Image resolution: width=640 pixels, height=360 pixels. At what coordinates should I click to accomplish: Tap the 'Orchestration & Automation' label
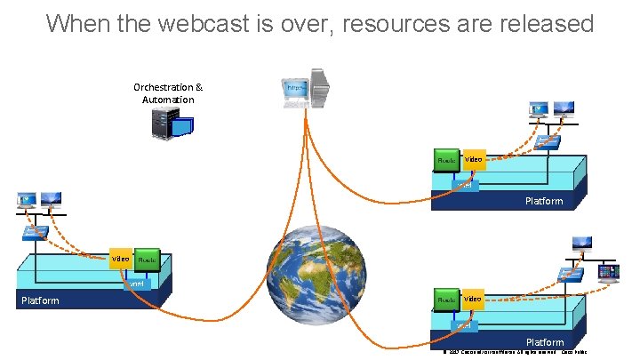click(x=168, y=93)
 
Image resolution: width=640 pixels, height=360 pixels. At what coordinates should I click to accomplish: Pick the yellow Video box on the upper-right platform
click(x=474, y=160)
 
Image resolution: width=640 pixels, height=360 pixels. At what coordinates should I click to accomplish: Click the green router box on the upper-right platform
click(x=447, y=160)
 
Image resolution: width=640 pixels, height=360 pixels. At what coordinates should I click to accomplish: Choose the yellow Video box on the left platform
click(x=121, y=260)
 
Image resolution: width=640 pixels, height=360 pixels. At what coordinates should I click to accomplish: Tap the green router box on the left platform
click(x=148, y=260)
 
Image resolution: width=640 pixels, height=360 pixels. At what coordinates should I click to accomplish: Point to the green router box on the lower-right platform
click(x=447, y=300)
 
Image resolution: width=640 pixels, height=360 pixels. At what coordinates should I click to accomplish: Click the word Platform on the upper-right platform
click(x=544, y=201)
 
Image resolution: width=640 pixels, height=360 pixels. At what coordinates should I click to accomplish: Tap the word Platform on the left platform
click(x=40, y=300)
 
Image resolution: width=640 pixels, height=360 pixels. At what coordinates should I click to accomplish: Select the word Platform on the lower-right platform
click(x=544, y=342)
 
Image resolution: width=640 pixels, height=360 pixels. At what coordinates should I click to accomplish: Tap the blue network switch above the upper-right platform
click(x=547, y=140)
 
